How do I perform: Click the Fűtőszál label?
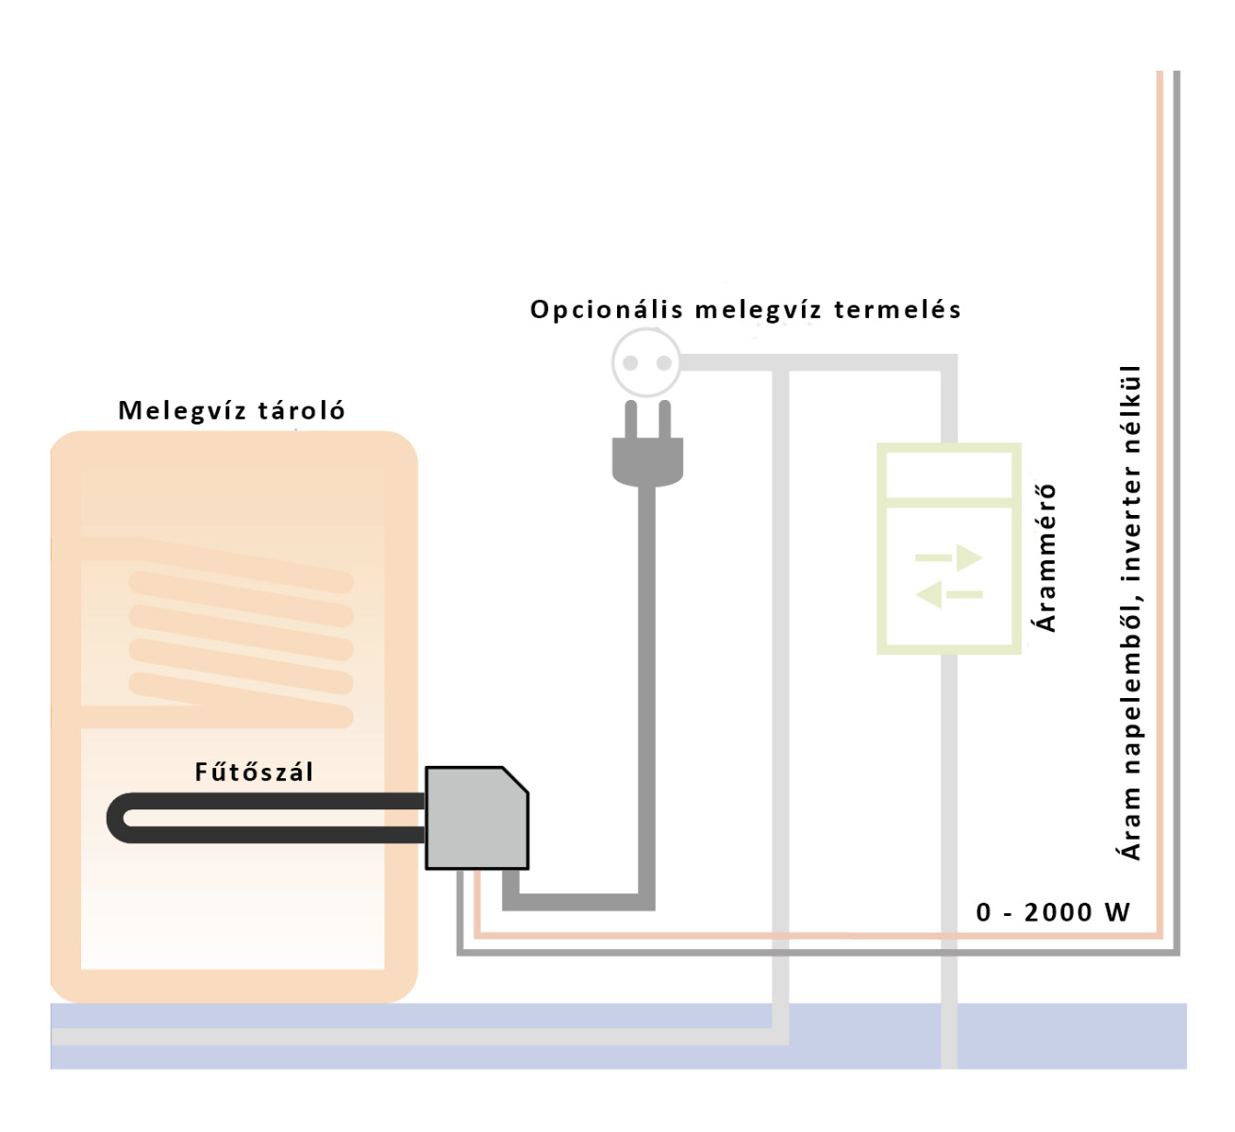click(x=254, y=772)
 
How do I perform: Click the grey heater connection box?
click(x=476, y=818)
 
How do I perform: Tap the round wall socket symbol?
click(x=646, y=362)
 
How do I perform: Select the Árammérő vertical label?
click(x=1045, y=558)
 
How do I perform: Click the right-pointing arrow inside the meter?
click(x=950, y=558)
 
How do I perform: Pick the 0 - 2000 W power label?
click(x=1053, y=912)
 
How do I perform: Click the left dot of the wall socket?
click(x=630, y=363)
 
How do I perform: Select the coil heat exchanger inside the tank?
click(x=242, y=641)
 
